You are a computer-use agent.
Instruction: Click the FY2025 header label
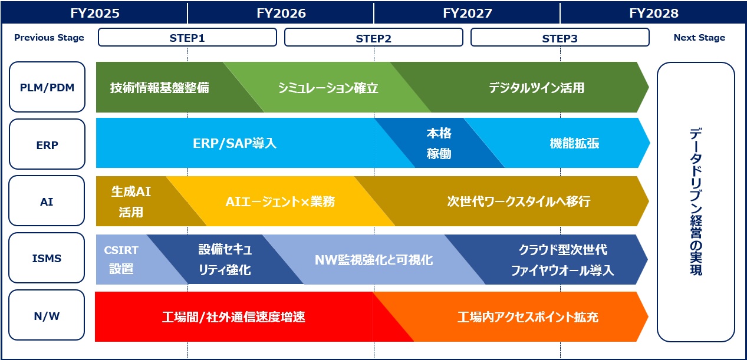pos(95,14)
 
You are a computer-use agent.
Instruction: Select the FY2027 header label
pos(467,14)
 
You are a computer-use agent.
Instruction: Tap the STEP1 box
pos(187,37)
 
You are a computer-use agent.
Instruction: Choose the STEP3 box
pos(560,37)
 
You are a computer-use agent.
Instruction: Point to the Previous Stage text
pos(49,37)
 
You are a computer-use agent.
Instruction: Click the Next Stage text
pos(699,37)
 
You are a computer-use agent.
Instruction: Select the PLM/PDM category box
pos(47,87)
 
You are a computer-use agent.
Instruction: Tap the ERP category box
pos(47,144)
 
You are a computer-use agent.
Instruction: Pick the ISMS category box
pos(47,257)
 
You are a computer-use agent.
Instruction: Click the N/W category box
pos(47,315)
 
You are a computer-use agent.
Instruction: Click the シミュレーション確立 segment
pos(327,87)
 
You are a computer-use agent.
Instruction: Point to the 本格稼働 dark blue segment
pos(439,143)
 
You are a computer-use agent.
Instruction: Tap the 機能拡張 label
pos(574,143)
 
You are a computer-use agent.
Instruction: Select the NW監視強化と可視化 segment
pos(374,260)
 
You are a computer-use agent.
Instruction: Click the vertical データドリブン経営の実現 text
pos(696,202)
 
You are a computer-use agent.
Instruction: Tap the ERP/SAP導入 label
pos(235,143)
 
